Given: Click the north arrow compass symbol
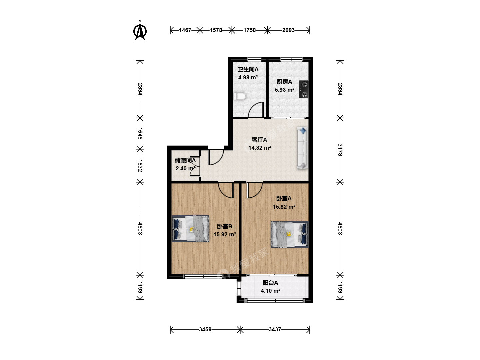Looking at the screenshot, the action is point(140,31).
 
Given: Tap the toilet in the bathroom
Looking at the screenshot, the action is point(240,96).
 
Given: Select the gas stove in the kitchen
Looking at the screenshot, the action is point(304,89).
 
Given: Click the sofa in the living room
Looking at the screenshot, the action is point(302,148).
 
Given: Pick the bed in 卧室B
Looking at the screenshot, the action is point(190,229).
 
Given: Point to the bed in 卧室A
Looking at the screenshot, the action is point(290,234).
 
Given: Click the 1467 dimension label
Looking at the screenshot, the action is point(185,30).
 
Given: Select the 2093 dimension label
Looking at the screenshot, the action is point(288,30).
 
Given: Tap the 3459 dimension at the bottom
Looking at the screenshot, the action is point(205,329).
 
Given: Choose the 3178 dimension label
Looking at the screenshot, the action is point(340,150).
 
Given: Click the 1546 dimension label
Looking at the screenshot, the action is point(140,133).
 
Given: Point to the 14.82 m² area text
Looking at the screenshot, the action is point(260,148).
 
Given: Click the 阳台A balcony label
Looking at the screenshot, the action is point(270,283).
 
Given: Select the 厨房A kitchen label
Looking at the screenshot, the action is point(284,82).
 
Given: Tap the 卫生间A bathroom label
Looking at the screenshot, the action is point(248,70).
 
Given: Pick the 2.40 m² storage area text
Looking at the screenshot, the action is point(185,168).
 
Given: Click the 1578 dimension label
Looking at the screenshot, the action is point(216,30).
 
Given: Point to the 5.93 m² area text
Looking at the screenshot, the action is point(284,90).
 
